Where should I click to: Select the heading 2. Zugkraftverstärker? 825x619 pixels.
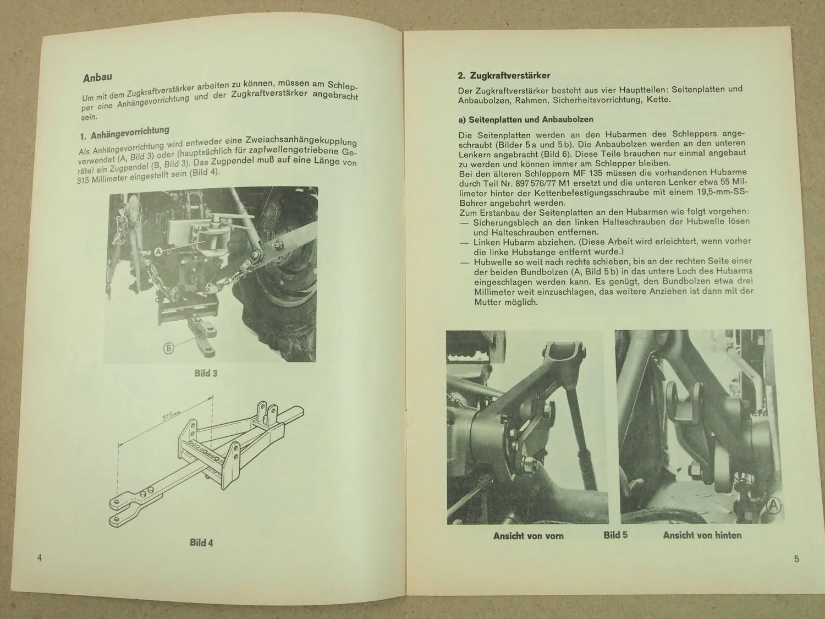pyautogui.click(x=504, y=75)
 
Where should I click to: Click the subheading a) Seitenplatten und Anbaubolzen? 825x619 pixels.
pyautogui.click(x=525, y=119)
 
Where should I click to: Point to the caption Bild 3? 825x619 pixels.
pyautogui.click(x=206, y=373)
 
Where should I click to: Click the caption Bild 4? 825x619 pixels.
pyautogui.click(x=201, y=543)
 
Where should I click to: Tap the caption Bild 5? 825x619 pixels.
pyautogui.click(x=615, y=535)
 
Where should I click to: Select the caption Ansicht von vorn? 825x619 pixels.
pyautogui.click(x=528, y=535)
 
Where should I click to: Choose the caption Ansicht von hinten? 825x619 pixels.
pyautogui.click(x=702, y=535)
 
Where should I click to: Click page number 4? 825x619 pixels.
pyautogui.click(x=39, y=558)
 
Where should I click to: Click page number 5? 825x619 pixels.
pyautogui.click(x=796, y=560)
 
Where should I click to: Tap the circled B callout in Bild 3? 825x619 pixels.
pyautogui.click(x=168, y=348)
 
